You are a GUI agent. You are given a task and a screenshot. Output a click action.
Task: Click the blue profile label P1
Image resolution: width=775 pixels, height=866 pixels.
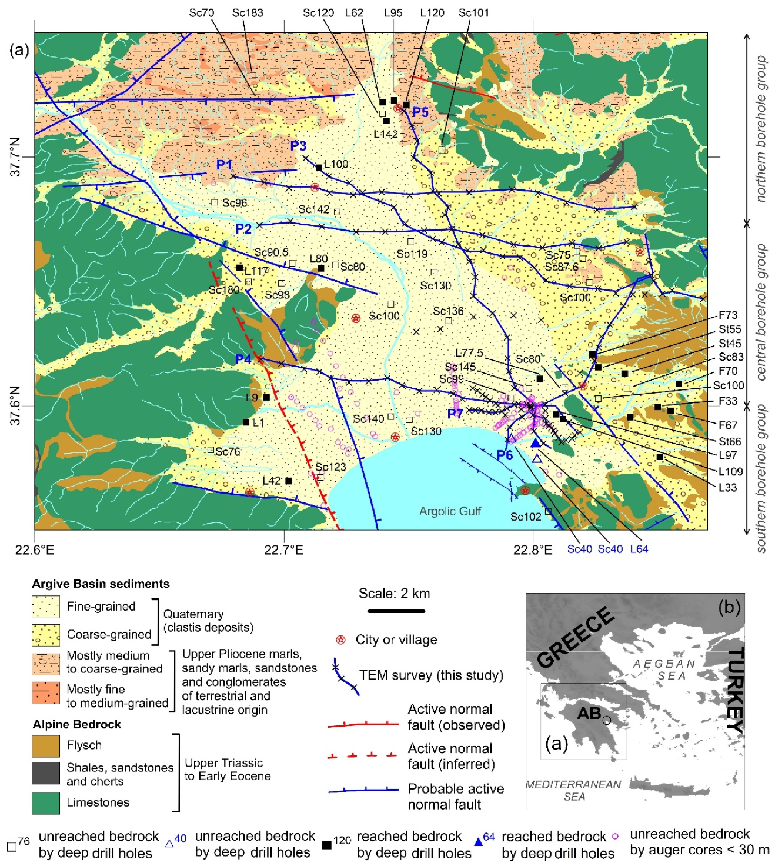click(224, 165)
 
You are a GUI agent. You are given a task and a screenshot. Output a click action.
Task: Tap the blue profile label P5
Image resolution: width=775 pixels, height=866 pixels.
click(420, 112)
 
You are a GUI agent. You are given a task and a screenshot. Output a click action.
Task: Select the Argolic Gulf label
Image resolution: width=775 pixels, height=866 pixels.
click(450, 511)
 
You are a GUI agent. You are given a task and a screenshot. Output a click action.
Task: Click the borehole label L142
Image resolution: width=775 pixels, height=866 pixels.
click(386, 134)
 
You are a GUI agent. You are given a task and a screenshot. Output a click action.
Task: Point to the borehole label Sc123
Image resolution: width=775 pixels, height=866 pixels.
click(330, 467)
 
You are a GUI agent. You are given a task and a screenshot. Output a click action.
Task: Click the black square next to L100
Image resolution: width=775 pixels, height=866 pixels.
click(319, 168)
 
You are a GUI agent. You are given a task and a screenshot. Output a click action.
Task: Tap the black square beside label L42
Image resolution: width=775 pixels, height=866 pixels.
click(289, 481)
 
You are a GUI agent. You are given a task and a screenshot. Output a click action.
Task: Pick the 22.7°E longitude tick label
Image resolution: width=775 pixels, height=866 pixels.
click(283, 550)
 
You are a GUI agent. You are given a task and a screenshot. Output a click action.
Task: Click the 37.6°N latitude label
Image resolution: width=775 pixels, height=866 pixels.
click(15, 405)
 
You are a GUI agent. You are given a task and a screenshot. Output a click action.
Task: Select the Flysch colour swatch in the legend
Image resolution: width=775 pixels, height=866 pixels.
click(46, 745)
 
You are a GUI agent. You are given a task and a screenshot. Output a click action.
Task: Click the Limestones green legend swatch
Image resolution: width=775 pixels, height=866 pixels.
click(46, 802)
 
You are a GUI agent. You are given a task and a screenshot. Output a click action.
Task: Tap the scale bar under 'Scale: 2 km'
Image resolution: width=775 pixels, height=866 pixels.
click(396, 611)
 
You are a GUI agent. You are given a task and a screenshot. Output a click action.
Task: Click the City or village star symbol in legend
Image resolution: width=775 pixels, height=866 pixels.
click(340, 640)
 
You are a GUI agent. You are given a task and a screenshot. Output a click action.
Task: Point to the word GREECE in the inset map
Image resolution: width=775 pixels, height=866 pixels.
click(575, 638)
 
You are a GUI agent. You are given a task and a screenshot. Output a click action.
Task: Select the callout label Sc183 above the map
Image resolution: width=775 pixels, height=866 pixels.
click(248, 13)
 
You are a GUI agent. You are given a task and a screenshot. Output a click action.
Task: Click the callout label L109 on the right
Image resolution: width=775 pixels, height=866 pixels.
click(730, 471)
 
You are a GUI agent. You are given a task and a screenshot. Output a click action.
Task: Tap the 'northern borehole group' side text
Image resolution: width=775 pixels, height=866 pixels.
click(761, 129)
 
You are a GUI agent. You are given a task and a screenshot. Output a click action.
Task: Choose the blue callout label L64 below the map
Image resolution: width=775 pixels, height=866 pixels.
click(639, 549)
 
